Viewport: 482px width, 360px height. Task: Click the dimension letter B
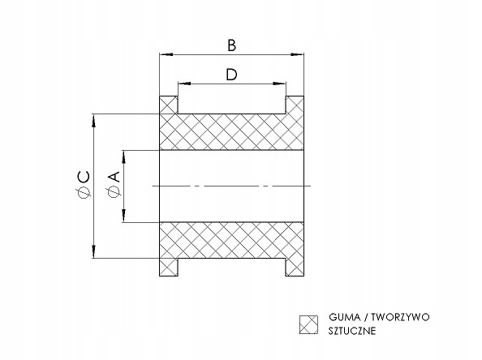[x=232, y=45]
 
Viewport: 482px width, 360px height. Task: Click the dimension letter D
[x=232, y=75]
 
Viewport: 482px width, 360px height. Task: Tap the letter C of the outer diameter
[x=84, y=178]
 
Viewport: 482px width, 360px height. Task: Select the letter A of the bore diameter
[x=114, y=177]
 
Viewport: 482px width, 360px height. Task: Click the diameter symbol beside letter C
[x=84, y=192]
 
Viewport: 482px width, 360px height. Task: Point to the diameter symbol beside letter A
[x=114, y=191]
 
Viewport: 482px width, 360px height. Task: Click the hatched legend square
[x=308, y=324]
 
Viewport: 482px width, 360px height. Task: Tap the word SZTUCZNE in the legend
[x=352, y=331]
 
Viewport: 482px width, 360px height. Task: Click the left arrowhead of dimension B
[x=166, y=54]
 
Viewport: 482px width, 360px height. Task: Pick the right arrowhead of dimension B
[x=297, y=54]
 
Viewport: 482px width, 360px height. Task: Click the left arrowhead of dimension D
[x=184, y=84]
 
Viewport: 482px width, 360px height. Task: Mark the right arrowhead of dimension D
[x=279, y=84]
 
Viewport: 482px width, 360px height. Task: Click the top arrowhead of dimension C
[x=94, y=120]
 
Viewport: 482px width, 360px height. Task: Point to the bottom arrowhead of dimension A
[x=124, y=216]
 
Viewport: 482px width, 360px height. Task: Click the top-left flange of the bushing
[x=169, y=105]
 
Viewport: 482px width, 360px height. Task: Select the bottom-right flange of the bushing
[x=295, y=267]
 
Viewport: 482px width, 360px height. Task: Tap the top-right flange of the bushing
[x=295, y=105]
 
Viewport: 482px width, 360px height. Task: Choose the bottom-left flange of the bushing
[x=169, y=267]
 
